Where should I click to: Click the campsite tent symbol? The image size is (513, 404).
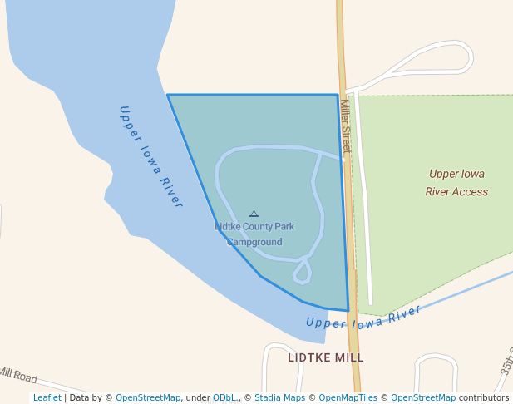[x=254, y=214]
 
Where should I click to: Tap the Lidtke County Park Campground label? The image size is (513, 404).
[x=254, y=234]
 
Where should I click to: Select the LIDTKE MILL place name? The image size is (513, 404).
[x=326, y=357]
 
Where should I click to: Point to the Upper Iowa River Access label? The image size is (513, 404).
[x=456, y=183]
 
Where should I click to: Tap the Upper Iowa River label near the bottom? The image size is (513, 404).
[x=363, y=318]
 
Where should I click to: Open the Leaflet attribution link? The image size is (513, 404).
[x=47, y=397]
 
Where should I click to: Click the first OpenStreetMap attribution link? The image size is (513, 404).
[x=148, y=397]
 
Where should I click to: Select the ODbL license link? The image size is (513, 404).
[x=224, y=397]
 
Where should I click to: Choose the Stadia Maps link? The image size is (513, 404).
[x=279, y=397]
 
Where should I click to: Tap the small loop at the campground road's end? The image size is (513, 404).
[x=302, y=272]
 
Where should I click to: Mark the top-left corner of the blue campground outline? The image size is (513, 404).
[x=168, y=96]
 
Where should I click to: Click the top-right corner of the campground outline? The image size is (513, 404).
[x=337, y=95]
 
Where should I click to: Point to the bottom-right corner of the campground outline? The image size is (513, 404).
[x=348, y=311]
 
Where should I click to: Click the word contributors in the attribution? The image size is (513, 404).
[x=484, y=397]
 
